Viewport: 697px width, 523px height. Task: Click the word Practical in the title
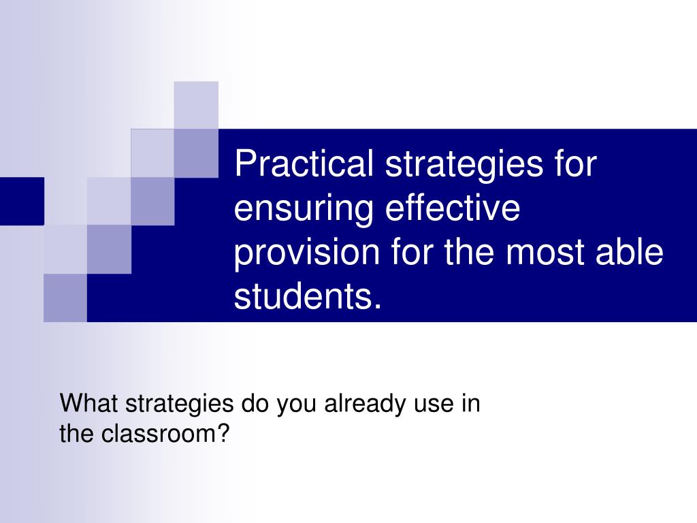pos(304,163)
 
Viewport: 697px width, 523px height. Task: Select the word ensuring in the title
pos(304,208)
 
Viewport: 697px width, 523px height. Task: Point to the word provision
pos(307,252)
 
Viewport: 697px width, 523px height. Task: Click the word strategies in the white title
pos(464,164)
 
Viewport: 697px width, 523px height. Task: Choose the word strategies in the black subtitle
pos(179,405)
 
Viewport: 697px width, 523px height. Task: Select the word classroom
pos(161,432)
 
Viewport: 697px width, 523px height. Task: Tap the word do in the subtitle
pos(256,403)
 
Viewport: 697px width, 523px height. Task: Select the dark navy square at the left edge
pos(22,201)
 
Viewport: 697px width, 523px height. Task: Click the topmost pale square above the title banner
pos(196,105)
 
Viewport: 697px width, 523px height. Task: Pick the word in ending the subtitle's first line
pos(471,403)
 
